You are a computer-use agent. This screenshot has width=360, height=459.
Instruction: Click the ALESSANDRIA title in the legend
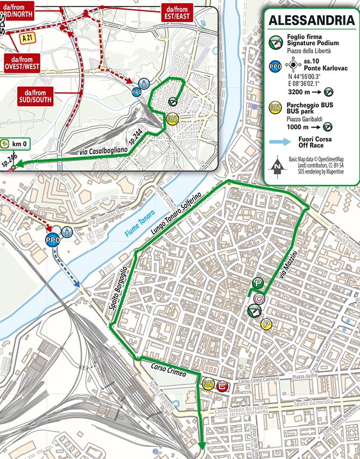coord(308,21)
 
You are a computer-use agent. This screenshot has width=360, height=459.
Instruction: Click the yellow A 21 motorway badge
coord(29,39)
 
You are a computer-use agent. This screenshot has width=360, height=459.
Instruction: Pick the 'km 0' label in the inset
coord(19,144)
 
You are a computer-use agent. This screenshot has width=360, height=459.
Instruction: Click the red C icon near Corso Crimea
coord(221,386)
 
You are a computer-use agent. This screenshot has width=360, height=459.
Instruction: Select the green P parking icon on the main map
coord(258,284)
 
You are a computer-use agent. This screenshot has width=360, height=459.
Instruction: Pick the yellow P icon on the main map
coord(266,324)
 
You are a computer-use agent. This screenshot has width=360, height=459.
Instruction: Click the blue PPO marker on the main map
coord(52,241)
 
